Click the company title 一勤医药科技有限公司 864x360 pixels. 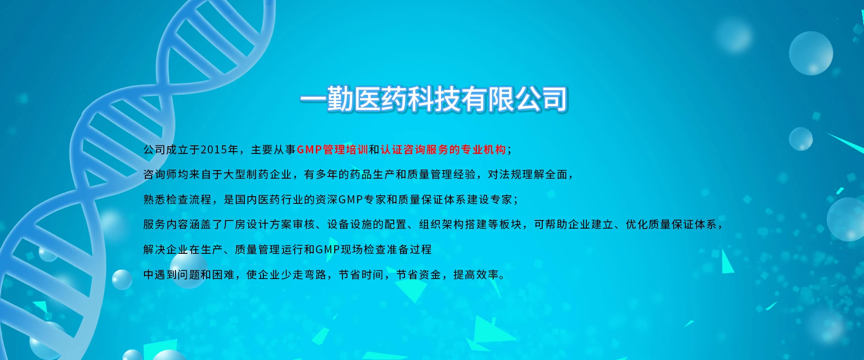point(434,99)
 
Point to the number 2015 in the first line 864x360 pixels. point(214,150)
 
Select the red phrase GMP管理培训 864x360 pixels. point(333,150)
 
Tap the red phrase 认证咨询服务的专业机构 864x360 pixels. point(443,150)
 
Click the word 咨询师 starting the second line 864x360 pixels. point(160,175)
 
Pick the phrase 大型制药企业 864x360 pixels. point(258,175)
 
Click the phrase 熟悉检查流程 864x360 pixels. point(177,199)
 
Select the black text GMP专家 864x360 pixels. point(362,199)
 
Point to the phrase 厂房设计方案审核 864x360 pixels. point(269,224)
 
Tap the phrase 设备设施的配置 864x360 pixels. point(367,224)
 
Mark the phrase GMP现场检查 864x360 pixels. point(351,249)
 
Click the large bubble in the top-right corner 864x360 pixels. point(811,53)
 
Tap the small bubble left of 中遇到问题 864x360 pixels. point(121,279)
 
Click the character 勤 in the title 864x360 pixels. point(340,99)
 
